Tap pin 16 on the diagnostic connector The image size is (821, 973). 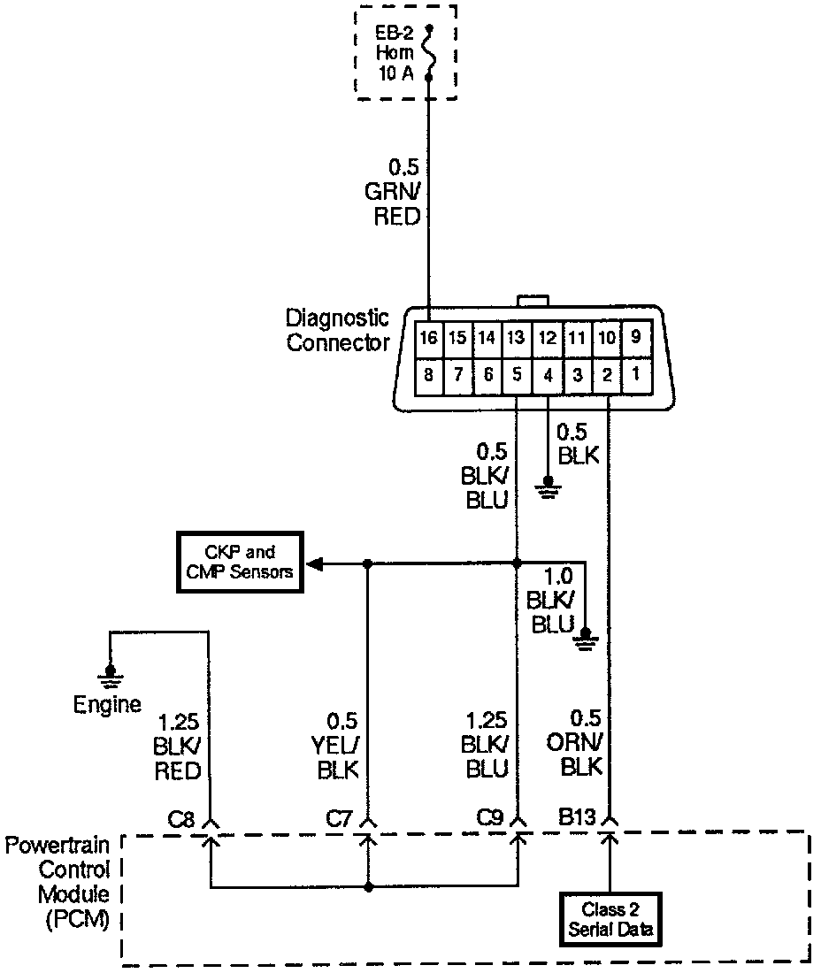(429, 337)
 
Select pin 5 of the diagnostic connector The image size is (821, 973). (518, 374)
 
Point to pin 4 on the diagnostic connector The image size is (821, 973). (548, 374)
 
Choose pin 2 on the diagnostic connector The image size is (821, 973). (607, 374)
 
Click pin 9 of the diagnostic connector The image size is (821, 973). (636, 337)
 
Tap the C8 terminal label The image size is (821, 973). (181, 818)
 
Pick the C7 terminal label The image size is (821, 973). (339, 818)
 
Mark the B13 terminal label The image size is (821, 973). (578, 818)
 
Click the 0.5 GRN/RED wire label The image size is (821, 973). (397, 191)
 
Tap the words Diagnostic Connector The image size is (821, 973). (337, 329)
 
